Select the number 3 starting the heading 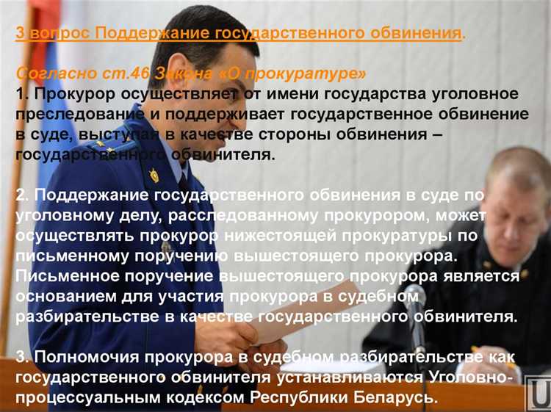click(21, 34)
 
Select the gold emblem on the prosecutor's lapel click(154, 175)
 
